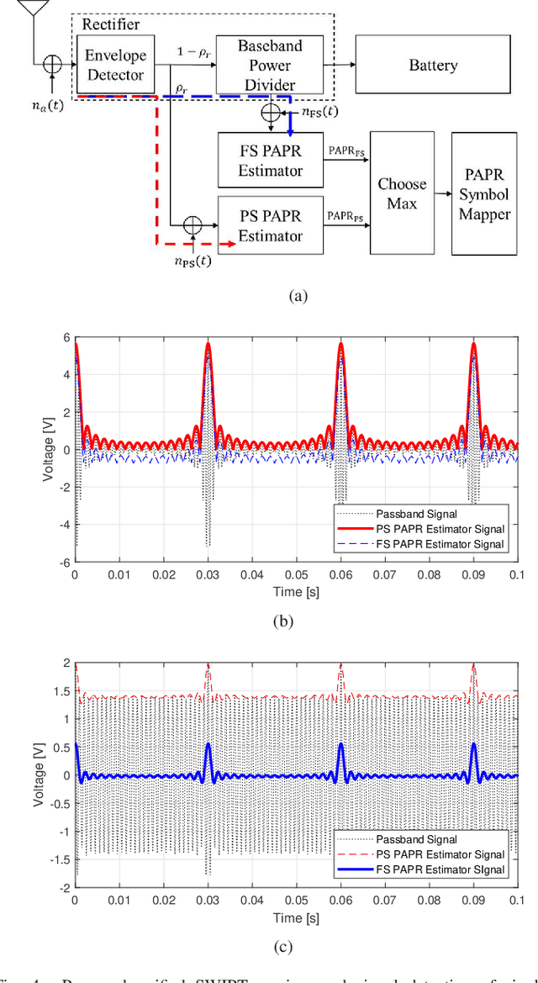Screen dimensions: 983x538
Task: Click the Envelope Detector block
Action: [114, 65]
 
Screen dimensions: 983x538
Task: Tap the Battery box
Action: [433, 65]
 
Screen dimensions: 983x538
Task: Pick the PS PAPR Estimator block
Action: [270, 225]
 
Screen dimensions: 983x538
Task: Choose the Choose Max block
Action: [402, 193]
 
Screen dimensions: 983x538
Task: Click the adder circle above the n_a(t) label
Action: [51, 64]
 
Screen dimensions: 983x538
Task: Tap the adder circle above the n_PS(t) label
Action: [193, 225]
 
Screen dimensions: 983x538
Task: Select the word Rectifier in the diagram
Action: [110, 24]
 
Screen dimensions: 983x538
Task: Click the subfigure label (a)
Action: [298, 296]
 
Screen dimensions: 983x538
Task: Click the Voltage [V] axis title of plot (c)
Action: [38, 774]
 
